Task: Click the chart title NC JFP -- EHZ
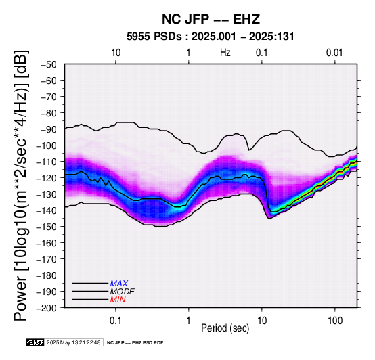(x=211, y=19)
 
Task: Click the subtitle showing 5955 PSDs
(x=211, y=37)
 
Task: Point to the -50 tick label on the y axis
(x=49, y=64)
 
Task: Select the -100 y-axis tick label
(x=47, y=145)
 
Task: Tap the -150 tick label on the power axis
(x=47, y=227)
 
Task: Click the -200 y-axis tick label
(x=47, y=308)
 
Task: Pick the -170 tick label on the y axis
(x=47, y=259)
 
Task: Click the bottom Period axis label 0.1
(x=116, y=320)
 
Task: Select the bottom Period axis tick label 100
(x=335, y=320)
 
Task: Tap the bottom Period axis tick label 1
(x=189, y=320)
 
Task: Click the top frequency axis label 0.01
(x=334, y=53)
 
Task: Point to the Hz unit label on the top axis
(x=225, y=53)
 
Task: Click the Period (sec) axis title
(x=225, y=328)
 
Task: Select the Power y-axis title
(x=20, y=185)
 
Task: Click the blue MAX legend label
(x=119, y=284)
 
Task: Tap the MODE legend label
(x=123, y=292)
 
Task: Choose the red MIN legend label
(x=118, y=300)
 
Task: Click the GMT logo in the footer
(x=35, y=342)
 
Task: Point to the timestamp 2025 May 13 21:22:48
(x=73, y=342)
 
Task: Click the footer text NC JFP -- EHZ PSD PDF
(x=135, y=343)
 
